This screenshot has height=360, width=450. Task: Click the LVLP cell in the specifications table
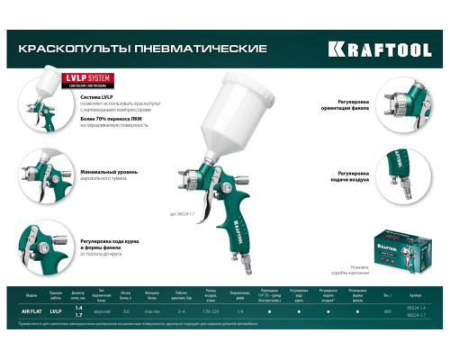click(57, 310)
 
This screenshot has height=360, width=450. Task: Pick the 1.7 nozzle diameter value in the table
click(78, 314)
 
